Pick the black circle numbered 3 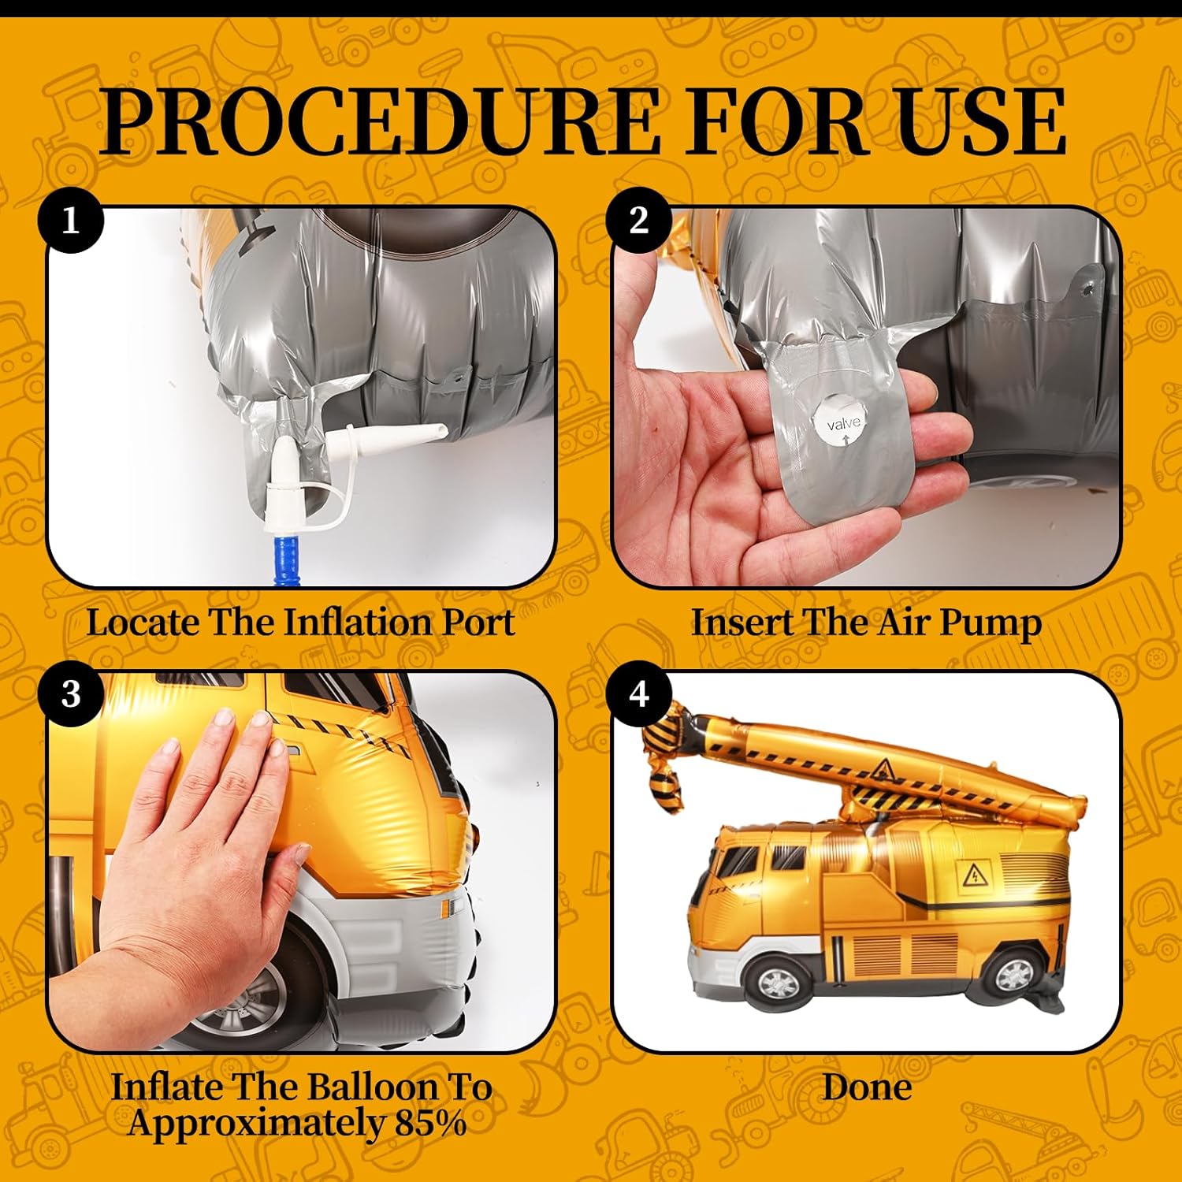point(71,694)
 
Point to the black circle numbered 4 point(639,694)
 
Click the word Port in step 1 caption point(478,623)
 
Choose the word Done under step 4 point(867,1087)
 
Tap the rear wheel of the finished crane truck point(1013,976)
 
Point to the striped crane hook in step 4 point(662,764)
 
